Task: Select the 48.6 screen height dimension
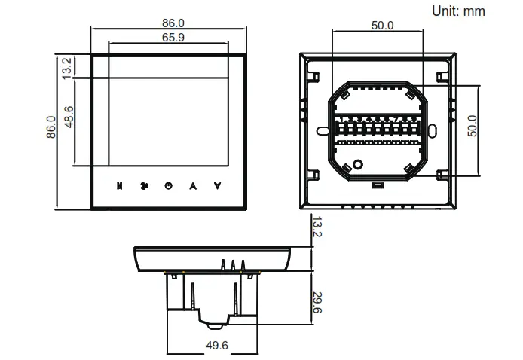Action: pyautogui.click(x=69, y=117)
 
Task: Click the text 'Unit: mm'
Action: pyautogui.click(x=457, y=11)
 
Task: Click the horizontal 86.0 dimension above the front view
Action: pyautogui.click(x=169, y=24)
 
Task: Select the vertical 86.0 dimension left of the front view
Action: pyautogui.click(x=51, y=128)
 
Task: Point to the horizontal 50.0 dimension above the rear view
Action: pyautogui.click(x=382, y=25)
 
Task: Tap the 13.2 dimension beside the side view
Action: pyautogui.click(x=317, y=227)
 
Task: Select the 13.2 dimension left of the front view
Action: pyautogui.click(x=68, y=66)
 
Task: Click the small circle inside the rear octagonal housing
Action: pyautogui.click(x=359, y=164)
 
